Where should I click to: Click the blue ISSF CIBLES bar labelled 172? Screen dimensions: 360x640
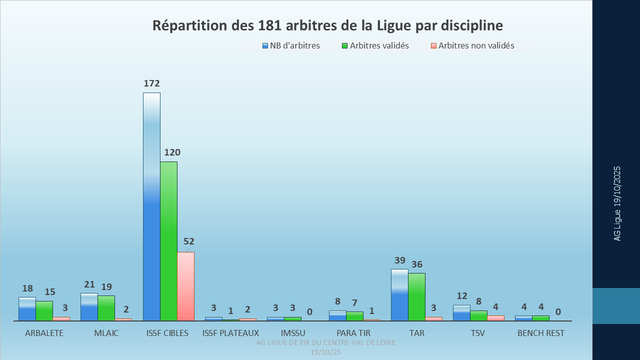coord(151,206)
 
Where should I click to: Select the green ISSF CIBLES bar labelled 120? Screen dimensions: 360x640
coord(168,241)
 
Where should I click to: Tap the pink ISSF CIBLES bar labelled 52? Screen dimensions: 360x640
coord(185,286)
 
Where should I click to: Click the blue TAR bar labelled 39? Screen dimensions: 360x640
coord(399,295)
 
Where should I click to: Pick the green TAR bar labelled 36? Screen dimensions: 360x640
coord(416,296)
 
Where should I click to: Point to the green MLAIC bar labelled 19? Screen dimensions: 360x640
coord(106,308)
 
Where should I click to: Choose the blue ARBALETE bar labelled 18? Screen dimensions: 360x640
coord(27,308)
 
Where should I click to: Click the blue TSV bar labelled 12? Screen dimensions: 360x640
coord(461,312)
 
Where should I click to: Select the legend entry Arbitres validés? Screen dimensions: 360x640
coord(379,46)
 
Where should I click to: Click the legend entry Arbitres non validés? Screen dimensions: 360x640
coord(476,46)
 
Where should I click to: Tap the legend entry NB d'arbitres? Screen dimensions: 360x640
coord(294,46)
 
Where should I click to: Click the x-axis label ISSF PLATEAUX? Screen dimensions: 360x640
coord(230,333)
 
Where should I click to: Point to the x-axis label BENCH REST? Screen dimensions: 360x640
coord(541,333)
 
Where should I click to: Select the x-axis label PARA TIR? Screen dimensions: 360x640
coord(353,333)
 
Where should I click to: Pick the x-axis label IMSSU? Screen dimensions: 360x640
coord(293,333)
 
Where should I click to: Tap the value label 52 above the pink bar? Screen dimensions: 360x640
coord(188,241)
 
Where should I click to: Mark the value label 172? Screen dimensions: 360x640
coord(151,83)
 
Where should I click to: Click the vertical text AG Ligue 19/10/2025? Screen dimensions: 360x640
coord(617,203)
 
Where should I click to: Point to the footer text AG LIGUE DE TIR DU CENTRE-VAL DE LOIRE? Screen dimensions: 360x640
coord(325,342)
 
